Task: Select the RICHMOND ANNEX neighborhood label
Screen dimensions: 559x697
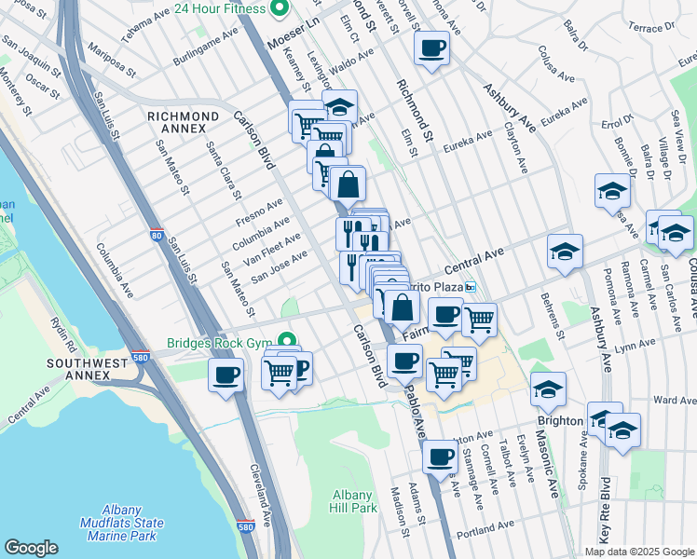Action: (x=184, y=116)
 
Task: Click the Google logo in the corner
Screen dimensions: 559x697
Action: (x=31, y=548)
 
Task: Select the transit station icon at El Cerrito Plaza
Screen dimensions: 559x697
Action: (x=471, y=287)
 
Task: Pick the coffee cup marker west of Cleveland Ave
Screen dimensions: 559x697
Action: (x=227, y=375)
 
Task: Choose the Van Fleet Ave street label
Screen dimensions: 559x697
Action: (x=274, y=247)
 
